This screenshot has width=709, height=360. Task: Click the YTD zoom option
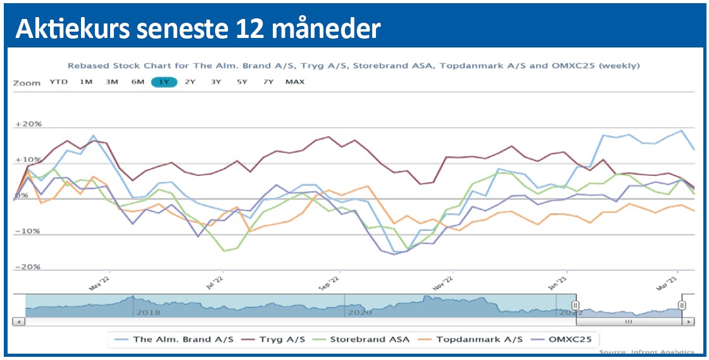59,82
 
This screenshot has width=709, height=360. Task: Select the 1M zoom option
86,82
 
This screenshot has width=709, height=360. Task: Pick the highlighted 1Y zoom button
164,82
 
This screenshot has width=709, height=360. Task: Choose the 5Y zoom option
242,82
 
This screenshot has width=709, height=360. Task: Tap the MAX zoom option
295,82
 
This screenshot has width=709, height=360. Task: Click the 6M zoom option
138,82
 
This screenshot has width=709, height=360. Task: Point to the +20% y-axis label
28,124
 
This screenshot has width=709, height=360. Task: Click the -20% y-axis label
28,267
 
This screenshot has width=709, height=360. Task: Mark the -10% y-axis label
28,231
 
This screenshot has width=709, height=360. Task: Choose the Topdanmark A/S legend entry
477,339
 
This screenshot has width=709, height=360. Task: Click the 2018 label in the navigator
148,312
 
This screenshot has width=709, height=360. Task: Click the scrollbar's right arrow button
687,321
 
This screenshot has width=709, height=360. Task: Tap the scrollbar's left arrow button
18,321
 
